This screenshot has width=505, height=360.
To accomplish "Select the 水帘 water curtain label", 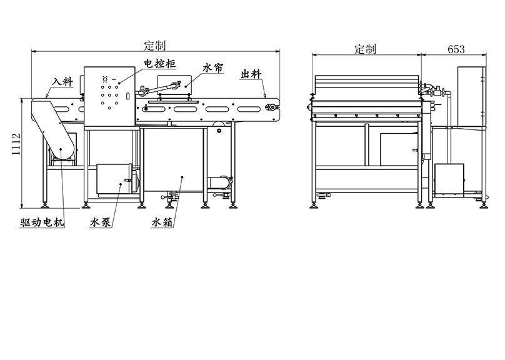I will (x=213, y=67).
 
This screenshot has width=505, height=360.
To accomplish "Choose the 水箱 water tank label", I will (x=161, y=222).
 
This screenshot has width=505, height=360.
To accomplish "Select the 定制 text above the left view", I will (x=154, y=46).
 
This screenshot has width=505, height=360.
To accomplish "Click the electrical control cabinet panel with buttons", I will (x=107, y=94).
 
